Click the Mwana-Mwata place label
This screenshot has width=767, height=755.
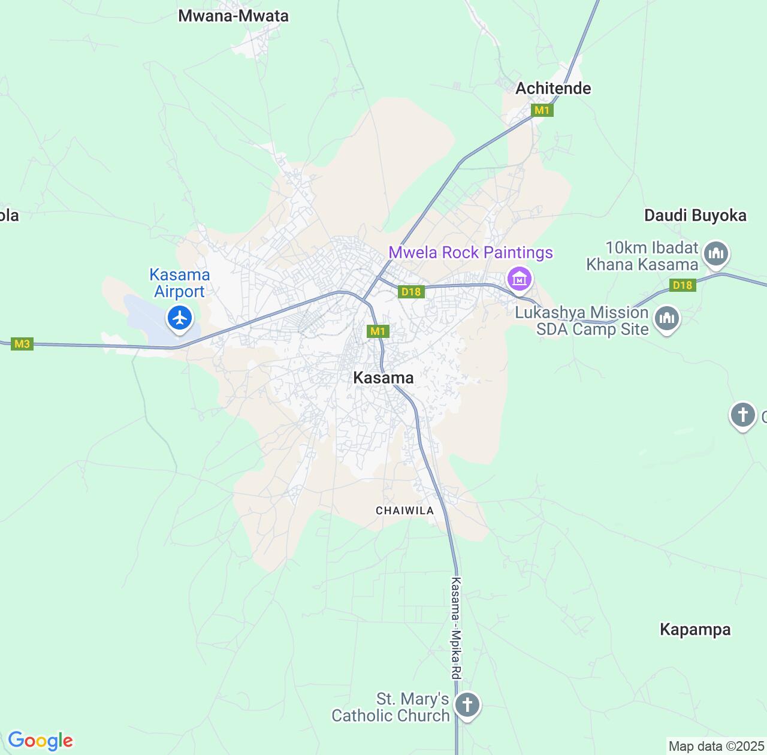tap(233, 16)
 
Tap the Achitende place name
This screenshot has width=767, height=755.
tap(553, 89)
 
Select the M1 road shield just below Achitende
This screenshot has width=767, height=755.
tap(542, 110)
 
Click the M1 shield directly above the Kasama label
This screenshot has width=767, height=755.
tap(378, 331)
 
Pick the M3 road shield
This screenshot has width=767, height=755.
tap(22, 344)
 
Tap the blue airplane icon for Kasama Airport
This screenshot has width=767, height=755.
tap(180, 318)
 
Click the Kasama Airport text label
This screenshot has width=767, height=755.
tap(180, 283)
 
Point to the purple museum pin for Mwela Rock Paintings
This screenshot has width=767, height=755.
tap(519, 278)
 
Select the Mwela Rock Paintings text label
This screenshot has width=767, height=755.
tap(470, 253)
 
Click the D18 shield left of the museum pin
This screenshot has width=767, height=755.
tap(411, 292)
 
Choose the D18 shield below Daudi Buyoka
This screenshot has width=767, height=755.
tap(683, 285)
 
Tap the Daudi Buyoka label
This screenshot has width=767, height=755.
tap(695, 216)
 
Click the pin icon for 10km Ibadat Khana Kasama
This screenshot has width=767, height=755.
tap(715, 254)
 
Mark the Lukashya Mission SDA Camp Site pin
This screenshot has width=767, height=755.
tap(666, 318)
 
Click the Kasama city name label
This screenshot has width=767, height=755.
tap(383, 378)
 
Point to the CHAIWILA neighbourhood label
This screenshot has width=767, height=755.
tap(404, 511)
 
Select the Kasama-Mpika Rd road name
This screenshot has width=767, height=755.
tap(457, 628)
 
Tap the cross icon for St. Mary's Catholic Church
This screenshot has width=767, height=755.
tap(467, 705)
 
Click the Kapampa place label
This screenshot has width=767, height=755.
tap(695, 630)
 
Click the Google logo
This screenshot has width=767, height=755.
tap(40, 741)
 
